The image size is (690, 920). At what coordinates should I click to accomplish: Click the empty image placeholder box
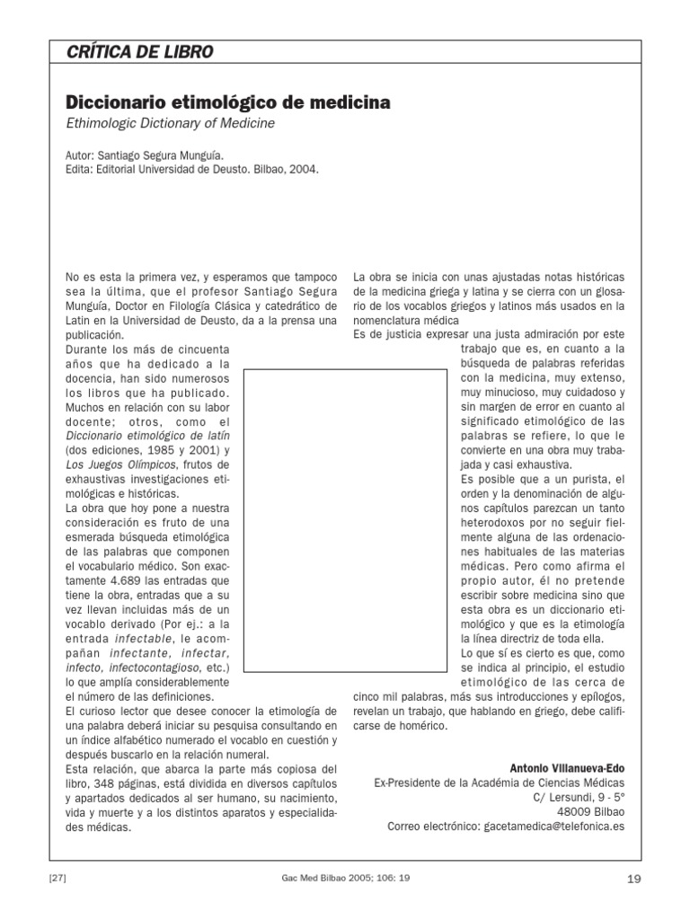coord(345,521)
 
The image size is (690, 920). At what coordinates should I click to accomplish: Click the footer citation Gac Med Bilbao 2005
coord(345,877)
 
